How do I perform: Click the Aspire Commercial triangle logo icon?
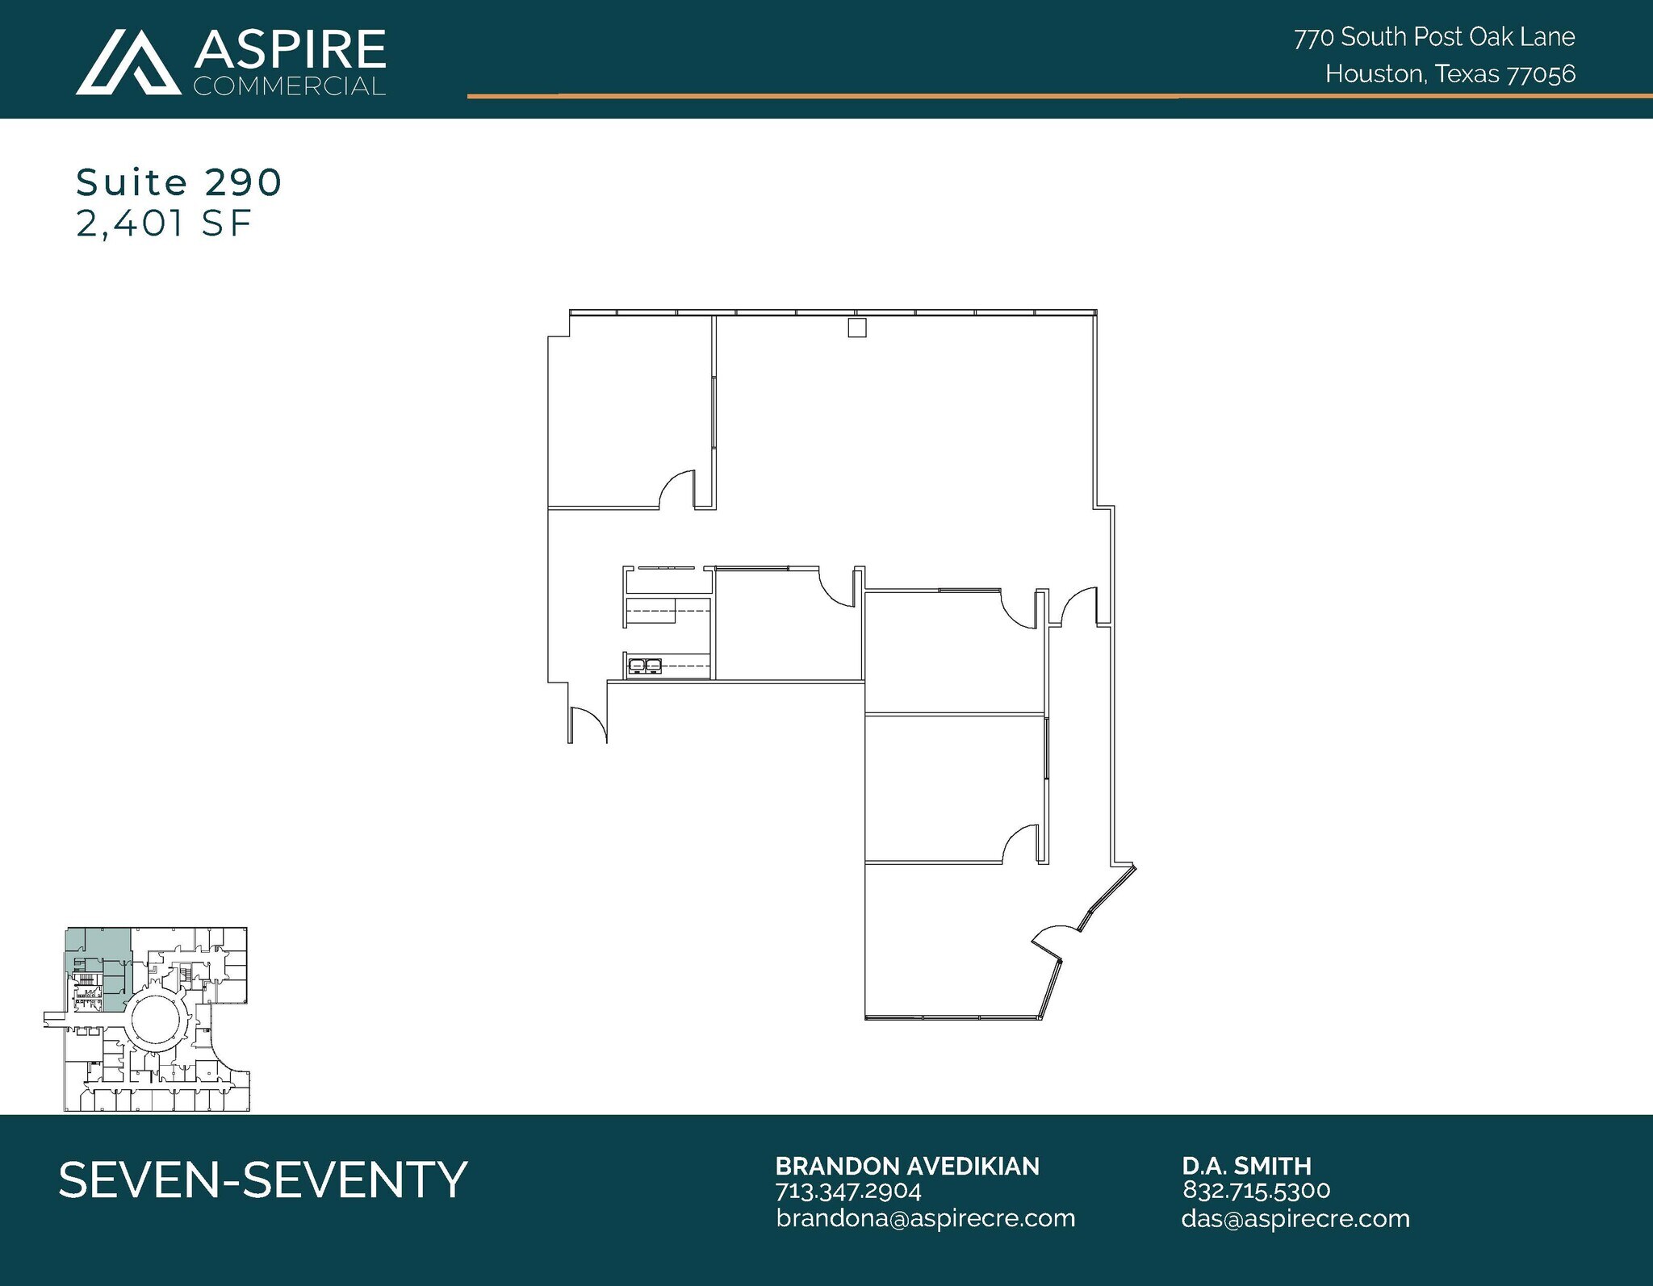click(x=128, y=62)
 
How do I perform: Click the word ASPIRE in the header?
click(x=289, y=50)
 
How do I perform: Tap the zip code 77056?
click(x=1541, y=74)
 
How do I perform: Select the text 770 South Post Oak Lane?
click(x=1434, y=37)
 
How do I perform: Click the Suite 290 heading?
click(x=178, y=182)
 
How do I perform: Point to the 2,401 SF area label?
click(x=164, y=223)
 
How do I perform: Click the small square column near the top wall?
click(x=856, y=328)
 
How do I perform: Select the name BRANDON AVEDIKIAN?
click(x=906, y=1166)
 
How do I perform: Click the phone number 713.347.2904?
click(x=847, y=1191)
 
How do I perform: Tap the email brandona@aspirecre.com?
click(x=925, y=1218)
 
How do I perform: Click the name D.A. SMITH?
click(x=1246, y=1166)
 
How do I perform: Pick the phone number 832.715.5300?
click(x=1256, y=1190)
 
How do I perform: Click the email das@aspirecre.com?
click(x=1295, y=1218)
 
